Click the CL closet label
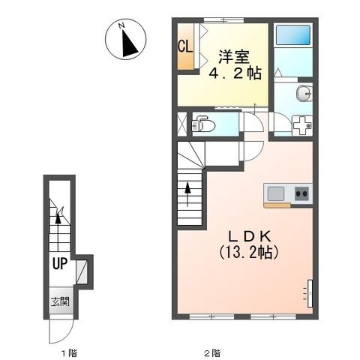click(185, 46)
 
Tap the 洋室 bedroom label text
click(234, 57)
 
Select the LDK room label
click(250, 235)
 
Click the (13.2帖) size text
click(249, 252)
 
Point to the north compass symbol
click(125, 40)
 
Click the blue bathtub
click(293, 35)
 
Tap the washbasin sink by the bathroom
click(304, 94)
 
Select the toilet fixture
click(202, 124)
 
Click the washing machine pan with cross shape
click(302, 125)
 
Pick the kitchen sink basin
click(276, 194)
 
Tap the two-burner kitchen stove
click(302, 193)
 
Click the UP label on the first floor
click(60, 263)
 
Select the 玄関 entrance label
click(60, 302)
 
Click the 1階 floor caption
click(69, 353)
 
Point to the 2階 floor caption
click(212, 353)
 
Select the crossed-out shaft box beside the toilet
click(182, 123)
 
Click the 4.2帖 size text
click(235, 73)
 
